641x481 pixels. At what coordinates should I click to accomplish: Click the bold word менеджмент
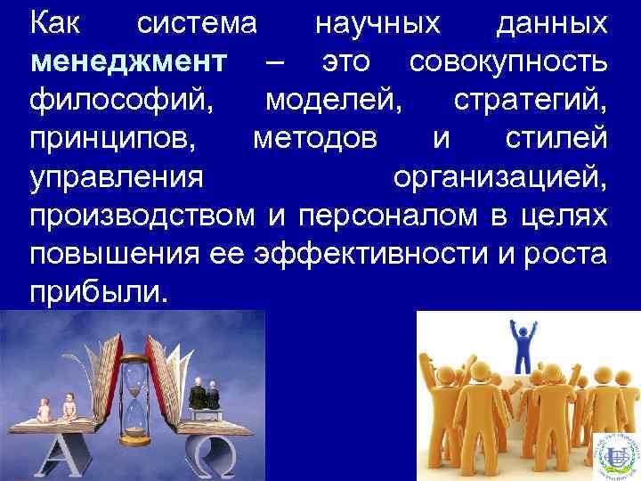pos(129,65)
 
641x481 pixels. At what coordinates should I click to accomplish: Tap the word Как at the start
pos(55,24)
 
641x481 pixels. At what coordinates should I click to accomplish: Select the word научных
pos(377,24)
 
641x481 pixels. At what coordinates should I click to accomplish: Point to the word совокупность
pos(510,65)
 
